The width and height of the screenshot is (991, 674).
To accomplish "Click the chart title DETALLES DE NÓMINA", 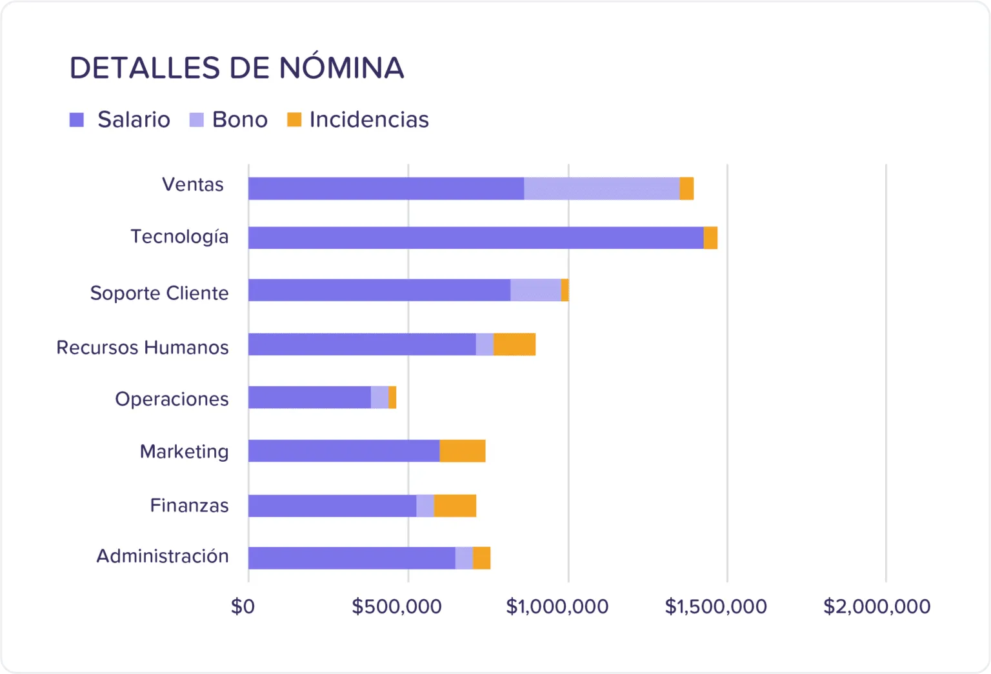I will (x=237, y=68).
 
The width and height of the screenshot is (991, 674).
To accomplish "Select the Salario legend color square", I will (x=77, y=120).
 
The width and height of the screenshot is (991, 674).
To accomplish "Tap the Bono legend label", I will (x=239, y=120).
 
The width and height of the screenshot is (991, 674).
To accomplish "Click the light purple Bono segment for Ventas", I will (x=601, y=188).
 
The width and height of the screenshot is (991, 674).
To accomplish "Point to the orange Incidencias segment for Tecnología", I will (x=710, y=238).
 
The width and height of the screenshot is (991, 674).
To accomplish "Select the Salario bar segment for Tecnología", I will (x=475, y=238).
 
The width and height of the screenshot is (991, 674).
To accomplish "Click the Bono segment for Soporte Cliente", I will (x=536, y=290).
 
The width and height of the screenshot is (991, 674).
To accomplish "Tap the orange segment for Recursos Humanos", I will (x=514, y=344).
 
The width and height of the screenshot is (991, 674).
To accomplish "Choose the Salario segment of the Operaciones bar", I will (x=310, y=397).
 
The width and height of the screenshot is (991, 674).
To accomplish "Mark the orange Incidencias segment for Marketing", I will (x=462, y=451).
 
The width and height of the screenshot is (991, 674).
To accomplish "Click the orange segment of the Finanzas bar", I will (x=455, y=506).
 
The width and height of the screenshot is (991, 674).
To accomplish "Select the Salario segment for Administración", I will (x=352, y=558).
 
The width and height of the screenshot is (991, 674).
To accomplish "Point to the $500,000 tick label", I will (x=397, y=606).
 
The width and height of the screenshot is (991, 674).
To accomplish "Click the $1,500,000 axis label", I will (x=716, y=606).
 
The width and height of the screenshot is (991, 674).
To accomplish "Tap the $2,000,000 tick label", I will (x=877, y=606).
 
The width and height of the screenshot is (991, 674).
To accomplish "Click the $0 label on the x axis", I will (x=243, y=606).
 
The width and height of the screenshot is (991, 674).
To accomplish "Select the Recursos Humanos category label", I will (x=143, y=348).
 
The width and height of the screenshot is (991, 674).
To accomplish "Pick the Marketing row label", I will (x=185, y=451).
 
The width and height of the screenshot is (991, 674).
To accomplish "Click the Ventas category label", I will (x=193, y=184).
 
